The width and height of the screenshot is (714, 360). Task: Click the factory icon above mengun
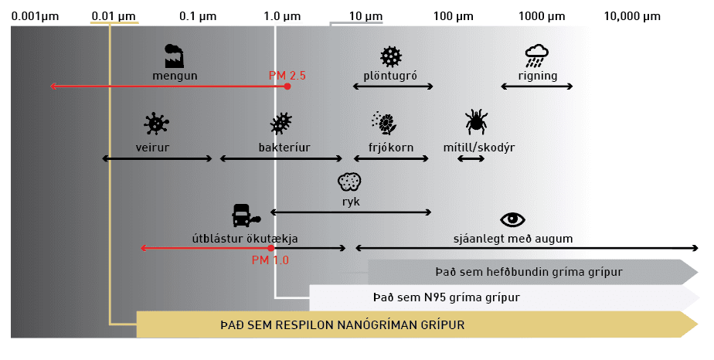[x=174, y=56]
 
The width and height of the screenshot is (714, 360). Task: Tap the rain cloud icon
[x=537, y=56]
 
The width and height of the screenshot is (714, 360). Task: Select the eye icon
[x=513, y=220]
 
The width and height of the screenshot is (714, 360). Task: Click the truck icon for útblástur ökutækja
[x=246, y=216]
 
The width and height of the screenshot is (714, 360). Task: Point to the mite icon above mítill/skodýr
[x=476, y=121]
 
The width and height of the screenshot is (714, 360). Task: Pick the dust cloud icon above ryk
[x=350, y=182]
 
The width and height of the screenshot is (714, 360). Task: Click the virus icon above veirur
[x=156, y=124]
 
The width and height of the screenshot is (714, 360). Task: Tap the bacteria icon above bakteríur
[x=281, y=124]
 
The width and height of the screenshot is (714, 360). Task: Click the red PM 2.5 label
[x=287, y=76]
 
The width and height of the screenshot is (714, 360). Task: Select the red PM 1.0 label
[x=270, y=260]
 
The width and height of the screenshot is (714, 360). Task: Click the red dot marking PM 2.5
[x=287, y=87]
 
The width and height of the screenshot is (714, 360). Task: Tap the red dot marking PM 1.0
[x=271, y=248]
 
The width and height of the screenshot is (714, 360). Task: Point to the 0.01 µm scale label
[x=114, y=16]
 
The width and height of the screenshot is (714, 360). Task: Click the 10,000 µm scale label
[x=632, y=16]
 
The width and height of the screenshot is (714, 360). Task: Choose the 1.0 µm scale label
[x=282, y=16]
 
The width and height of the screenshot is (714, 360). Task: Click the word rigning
[x=538, y=76]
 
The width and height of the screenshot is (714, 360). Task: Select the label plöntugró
[x=390, y=76]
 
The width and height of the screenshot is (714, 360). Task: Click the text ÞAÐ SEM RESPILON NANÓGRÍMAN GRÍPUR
[x=342, y=325]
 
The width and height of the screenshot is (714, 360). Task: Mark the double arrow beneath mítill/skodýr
[x=471, y=158]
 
